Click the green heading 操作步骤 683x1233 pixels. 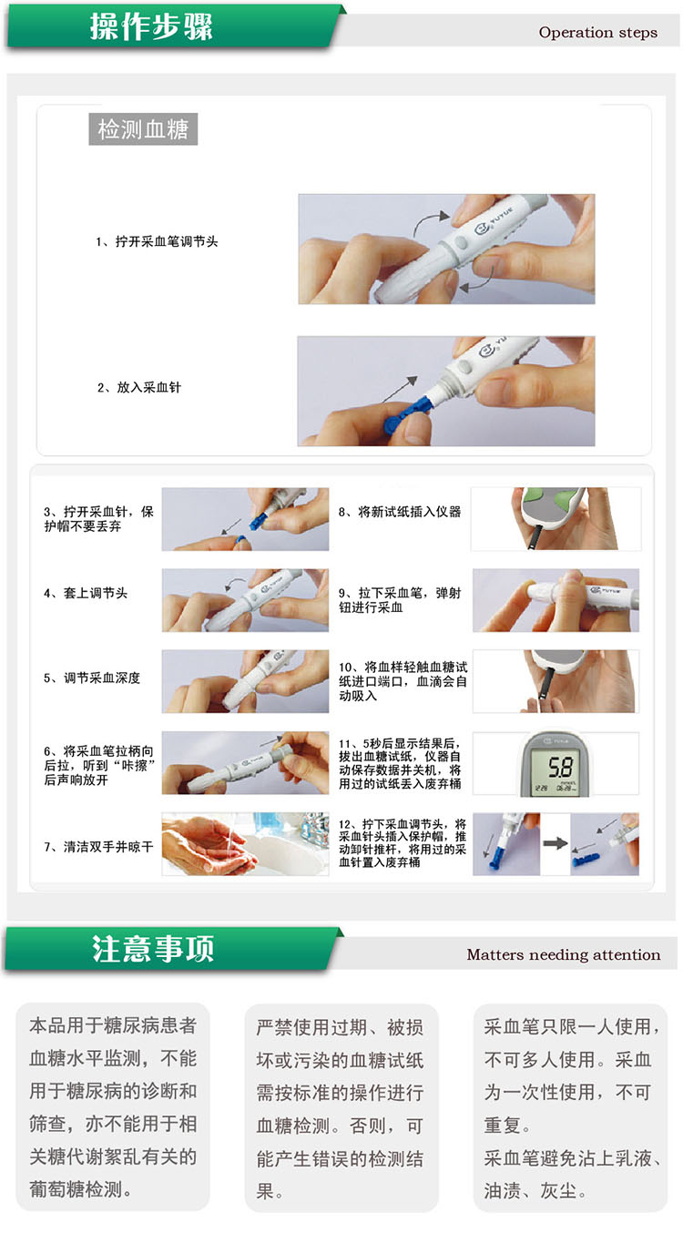click(x=151, y=25)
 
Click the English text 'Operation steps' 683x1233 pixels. click(x=597, y=33)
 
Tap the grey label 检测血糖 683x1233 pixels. click(x=143, y=129)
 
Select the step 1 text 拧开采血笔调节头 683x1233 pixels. click(x=167, y=241)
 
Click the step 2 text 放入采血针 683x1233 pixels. click(x=148, y=388)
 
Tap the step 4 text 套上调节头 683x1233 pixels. click(x=96, y=593)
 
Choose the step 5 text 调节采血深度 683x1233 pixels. click(x=102, y=678)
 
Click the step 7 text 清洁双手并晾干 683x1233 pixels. click(x=107, y=847)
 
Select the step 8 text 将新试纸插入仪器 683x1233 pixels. click(x=410, y=512)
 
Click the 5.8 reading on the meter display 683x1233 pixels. click(x=560, y=767)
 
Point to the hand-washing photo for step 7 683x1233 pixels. click(x=245, y=844)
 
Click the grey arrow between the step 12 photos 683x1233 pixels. click(x=555, y=843)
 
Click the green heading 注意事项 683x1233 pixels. click(x=152, y=949)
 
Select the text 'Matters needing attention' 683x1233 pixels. click(x=564, y=954)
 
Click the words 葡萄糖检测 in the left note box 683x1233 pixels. click(x=76, y=1189)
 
